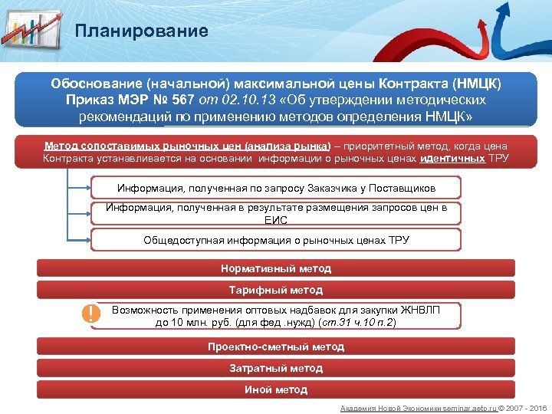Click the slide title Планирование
(142, 31)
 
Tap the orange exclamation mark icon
(91, 314)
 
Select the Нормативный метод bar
(276, 268)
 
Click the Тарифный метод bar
(276, 290)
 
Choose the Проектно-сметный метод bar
(276, 347)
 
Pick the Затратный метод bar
(276, 368)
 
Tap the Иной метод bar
(276, 389)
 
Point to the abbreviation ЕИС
(276, 220)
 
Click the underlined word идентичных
(454, 159)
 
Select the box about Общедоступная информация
(276, 240)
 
